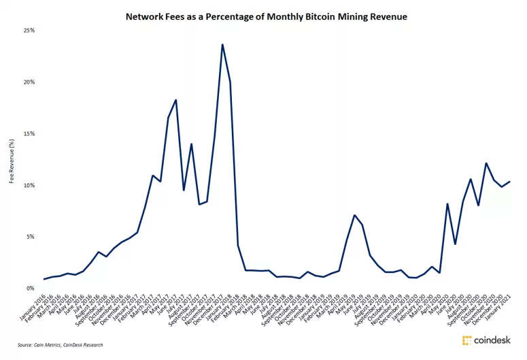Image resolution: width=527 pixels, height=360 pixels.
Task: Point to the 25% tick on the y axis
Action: (x=29, y=31)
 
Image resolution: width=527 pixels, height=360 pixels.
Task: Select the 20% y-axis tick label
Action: (x=29, y=82)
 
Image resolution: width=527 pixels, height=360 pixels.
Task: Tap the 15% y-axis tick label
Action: (x=29, y=133)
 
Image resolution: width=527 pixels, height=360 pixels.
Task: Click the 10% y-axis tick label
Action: (x=29, y=185)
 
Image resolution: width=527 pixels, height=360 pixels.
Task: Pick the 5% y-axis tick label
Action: (x=31, y=237)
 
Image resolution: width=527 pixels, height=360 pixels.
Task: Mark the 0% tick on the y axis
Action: (x=31, y=289)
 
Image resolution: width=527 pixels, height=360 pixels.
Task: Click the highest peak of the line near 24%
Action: (x=222, y=45)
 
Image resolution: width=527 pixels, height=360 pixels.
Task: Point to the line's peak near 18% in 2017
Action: (x=176, y=100)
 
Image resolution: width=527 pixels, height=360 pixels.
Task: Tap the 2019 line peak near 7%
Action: (x=354, y=215)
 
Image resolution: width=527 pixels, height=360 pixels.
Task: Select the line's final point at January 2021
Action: (x=510, y=181)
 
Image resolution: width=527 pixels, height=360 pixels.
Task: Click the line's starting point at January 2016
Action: (x=44, y=279)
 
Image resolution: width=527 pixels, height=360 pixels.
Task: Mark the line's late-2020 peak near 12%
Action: (x=486, y=163)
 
